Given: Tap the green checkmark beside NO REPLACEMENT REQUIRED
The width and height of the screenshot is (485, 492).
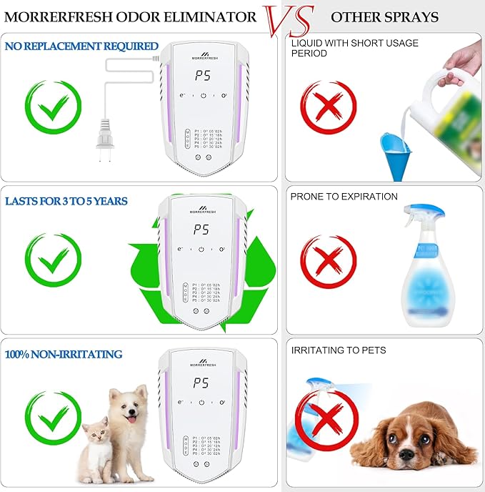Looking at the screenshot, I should coord(53,108).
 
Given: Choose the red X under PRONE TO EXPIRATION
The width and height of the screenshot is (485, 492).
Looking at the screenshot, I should coord(327,262).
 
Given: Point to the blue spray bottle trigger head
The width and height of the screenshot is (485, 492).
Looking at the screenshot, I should coord(424,215).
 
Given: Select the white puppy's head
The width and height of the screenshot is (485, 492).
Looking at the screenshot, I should coord(129,408).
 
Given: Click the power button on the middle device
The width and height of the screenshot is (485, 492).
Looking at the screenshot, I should coord(202,249).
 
